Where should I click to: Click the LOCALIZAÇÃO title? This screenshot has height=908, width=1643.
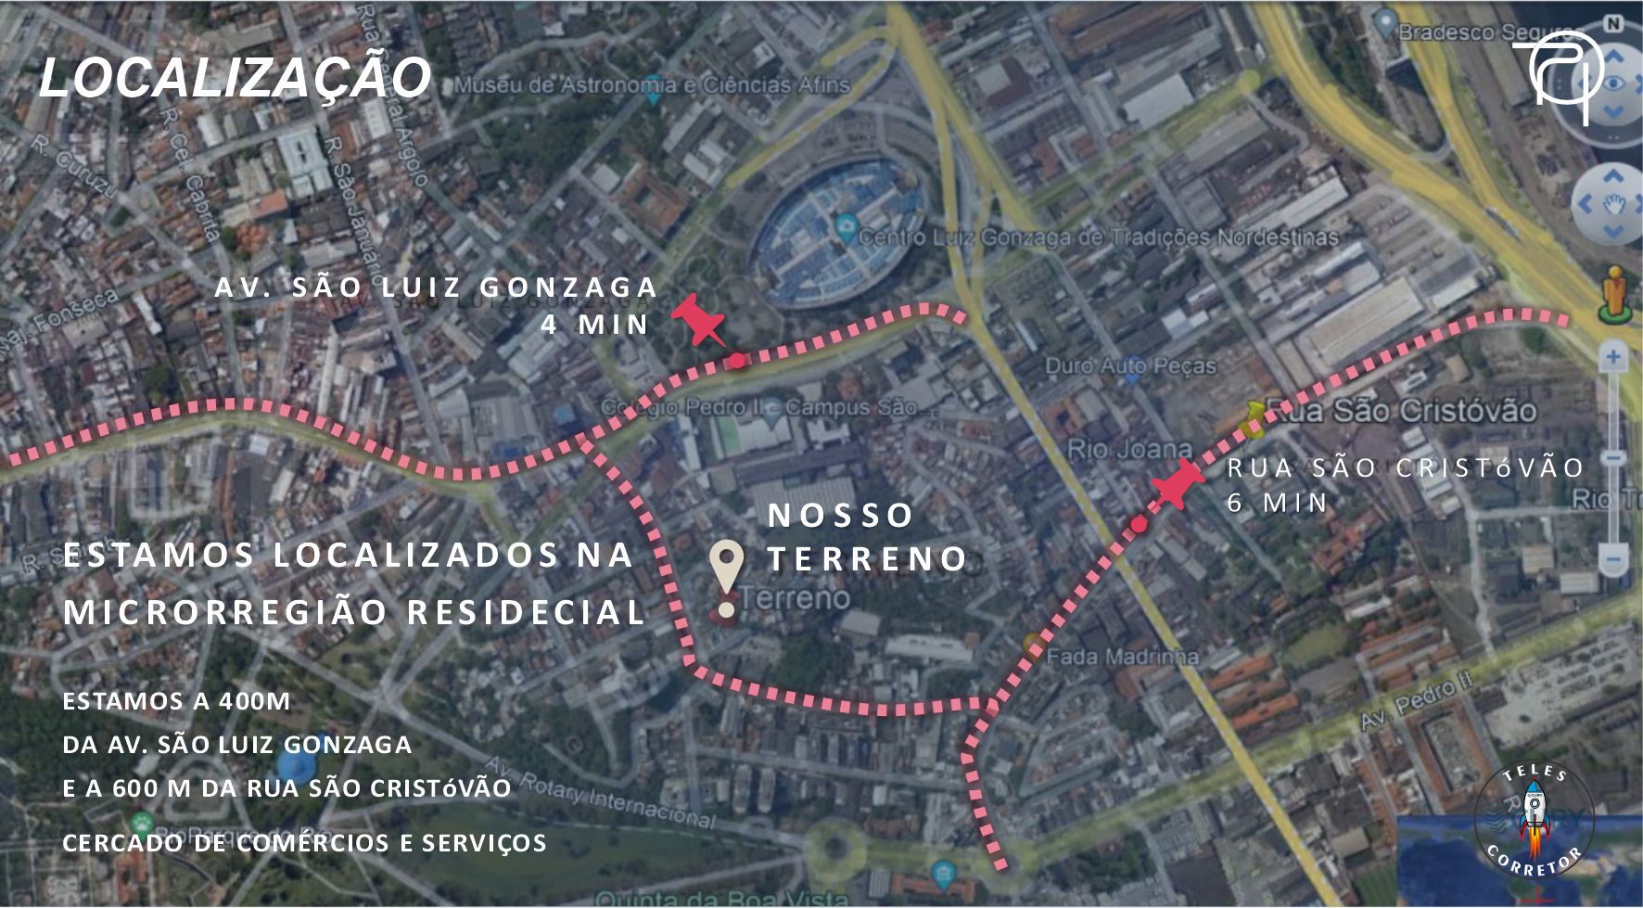235,77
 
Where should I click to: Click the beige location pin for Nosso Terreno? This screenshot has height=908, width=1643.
726,568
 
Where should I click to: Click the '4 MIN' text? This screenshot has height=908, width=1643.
595,325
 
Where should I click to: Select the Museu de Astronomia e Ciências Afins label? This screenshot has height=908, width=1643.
652,85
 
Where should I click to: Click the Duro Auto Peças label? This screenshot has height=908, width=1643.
1130,365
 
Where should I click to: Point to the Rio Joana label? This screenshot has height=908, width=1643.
1129,450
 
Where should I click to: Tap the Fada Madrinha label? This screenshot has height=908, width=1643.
1122,657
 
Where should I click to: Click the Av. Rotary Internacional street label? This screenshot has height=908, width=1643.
601,794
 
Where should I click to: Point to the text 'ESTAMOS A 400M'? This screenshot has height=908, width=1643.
176,701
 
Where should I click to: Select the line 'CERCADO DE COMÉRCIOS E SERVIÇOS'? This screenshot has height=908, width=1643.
304,843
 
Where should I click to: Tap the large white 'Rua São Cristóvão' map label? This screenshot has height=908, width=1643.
1400,411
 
